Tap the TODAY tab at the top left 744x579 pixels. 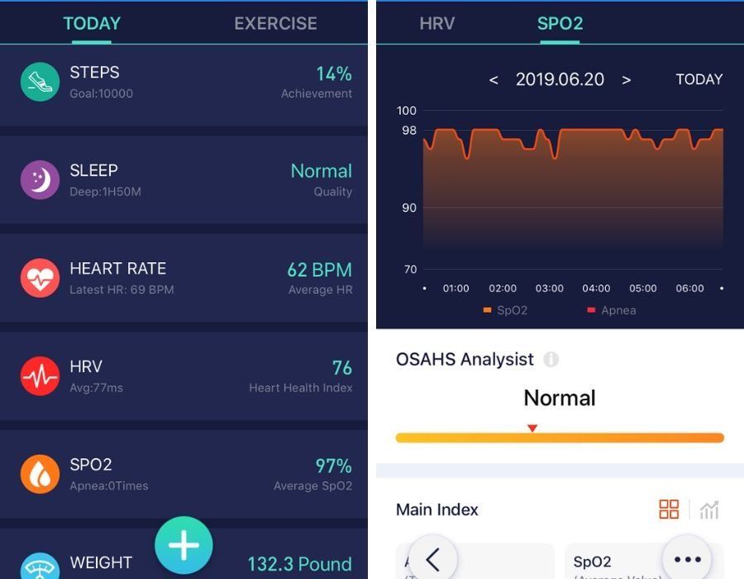[x=92, y=23]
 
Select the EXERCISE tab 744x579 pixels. [x=275, y=23]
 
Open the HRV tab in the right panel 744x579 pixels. [x=436, y=23]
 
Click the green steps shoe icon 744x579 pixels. [x=40, y=82]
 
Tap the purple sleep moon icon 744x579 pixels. [x=40, y=179]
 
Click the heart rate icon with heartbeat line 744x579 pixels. [x=40, y=278]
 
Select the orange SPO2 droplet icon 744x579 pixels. [x=40, y=474]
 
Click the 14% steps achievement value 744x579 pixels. [x=333, y=74]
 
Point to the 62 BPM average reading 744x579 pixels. [x=319, y=270]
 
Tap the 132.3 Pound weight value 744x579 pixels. [x=299, y=564]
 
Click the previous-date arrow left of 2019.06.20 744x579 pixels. [x=494, y=80]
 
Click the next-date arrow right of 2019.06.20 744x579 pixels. [x=626, y=80]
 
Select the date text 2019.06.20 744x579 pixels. [x=560, y=79]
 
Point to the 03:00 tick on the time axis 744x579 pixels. [x=549, y=289]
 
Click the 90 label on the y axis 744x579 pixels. [x=409, y=208]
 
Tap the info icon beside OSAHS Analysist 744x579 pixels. [x=551, y=360]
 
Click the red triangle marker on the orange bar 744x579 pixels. [x=532, y=428]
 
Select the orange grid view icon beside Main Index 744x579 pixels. [x=669, y=510]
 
